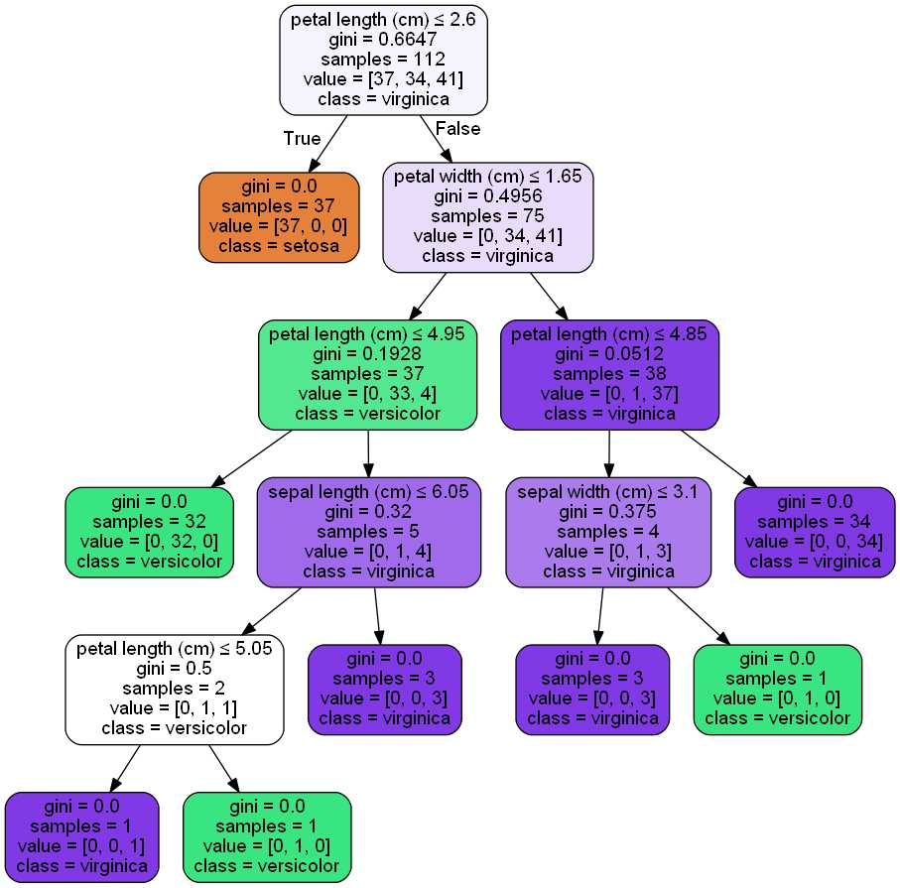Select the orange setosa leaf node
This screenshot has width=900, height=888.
tap(278, 216)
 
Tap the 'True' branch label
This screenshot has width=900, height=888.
tap(302, 139)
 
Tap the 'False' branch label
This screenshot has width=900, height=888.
tap(457, 129)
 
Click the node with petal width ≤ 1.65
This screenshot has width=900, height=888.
tap(487, 216)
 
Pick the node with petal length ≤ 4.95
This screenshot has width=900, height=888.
tap(367, 373)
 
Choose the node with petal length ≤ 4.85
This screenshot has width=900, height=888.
tap(608, 373)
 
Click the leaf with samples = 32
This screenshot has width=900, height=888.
tap(149, 532)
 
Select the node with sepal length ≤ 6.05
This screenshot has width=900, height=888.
tap(368, 531)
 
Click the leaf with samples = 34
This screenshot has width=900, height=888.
tap(807, 532)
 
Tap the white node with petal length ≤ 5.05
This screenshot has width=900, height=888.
tap(175, 690)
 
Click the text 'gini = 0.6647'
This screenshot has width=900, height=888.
tap(384, 39)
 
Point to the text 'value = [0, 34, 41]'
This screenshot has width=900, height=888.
tap(487, 236)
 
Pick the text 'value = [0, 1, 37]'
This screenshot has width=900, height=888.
tap(608, 393)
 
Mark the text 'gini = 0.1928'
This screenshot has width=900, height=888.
tap(367, 353)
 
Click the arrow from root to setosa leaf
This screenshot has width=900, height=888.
tap(330, 143)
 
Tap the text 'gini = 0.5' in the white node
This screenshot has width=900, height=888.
tap(175, 670)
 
